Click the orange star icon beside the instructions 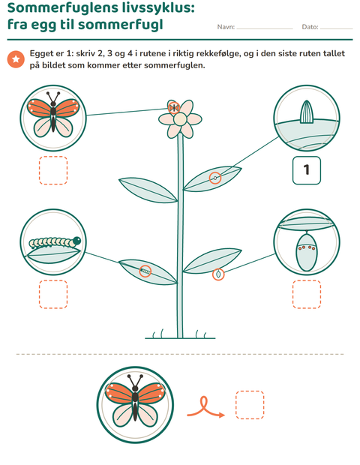tap(16, 59)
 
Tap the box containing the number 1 tap(307, 170)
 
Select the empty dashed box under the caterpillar tap(53, 294)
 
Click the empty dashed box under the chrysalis tap(307, 294)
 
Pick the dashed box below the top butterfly tap(53, 170)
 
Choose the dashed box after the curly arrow tap(250, 405)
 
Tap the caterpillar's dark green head tap(76, 241)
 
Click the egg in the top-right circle tap(307, 112)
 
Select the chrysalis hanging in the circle tap(306, 251)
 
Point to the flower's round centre tap(180, 119)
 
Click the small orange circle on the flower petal tap(174, 108)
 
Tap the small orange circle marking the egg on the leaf tap(215, 178)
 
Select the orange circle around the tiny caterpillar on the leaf tap(145, 271)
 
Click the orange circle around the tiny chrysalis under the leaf tap(218, 274)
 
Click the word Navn tap(226, 27)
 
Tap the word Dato tap(310, 27)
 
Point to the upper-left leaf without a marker tap(148, 190)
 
